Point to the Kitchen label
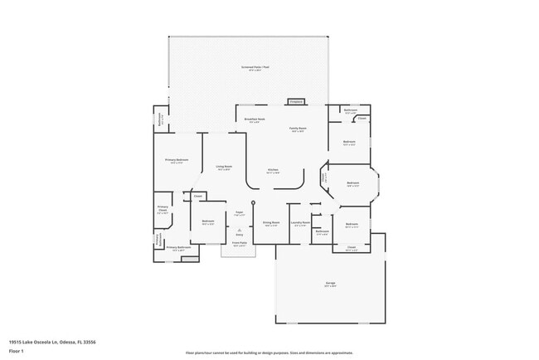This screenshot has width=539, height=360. click(x=273, y=171)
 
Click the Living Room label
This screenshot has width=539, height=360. click(x=224, y=168)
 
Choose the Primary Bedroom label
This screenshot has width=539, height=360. click(x=177, y=161)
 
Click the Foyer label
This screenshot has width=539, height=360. click(x=238, y=213)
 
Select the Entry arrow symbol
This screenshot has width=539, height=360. click(x=239, y=230)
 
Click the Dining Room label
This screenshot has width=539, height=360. click(x=270, y=222)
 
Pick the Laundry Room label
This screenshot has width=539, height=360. click(x=300, y=222)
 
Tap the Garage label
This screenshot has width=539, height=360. click(x=330, y=285)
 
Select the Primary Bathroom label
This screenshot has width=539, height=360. click(x=178, y=248)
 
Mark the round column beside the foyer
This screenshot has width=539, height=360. click(x=255, y=202)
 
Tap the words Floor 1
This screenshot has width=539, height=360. click(x=17, y=351)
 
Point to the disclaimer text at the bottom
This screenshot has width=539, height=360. click(x=269, y=352)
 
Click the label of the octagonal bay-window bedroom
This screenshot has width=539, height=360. click(x=352, y=183)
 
